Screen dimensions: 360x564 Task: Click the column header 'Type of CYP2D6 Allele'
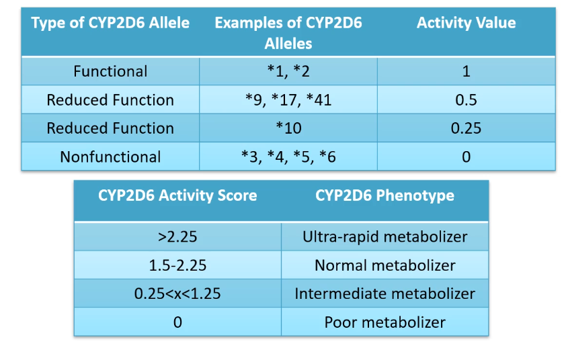[x=110, y=23]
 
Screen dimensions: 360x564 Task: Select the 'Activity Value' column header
[x=466, y=23]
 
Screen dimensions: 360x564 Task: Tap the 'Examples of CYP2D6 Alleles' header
[x=288, y=33]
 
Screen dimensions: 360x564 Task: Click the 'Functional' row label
[x=110, y=71]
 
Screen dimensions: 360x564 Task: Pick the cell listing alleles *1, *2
[x=288, y=71]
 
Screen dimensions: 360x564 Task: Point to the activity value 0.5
[x=466, y=100]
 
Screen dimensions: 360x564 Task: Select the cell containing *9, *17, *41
[x=288, y=100]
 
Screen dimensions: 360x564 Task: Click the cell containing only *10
[x=288, y=128]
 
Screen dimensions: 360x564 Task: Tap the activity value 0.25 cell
[x=466, y=128]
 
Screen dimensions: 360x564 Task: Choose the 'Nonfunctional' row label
[x=110, y=156]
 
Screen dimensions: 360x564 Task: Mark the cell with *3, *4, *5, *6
[x=288, y=156]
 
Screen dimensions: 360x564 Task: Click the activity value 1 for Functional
[x=466, y=71]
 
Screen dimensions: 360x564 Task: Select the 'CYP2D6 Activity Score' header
[x=177, y=196]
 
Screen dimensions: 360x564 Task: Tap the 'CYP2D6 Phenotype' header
[x=385, y=196]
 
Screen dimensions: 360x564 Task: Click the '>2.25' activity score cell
[x=177, y=236]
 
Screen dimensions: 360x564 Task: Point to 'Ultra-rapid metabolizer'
[x=385, y=236]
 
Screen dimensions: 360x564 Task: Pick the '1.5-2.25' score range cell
[x=177, y=265]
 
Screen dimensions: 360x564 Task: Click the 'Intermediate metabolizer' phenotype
[x=385, y=294]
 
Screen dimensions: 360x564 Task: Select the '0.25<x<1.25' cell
[x=177, y=294]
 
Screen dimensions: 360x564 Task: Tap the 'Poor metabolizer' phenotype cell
[x=385, y=322]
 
